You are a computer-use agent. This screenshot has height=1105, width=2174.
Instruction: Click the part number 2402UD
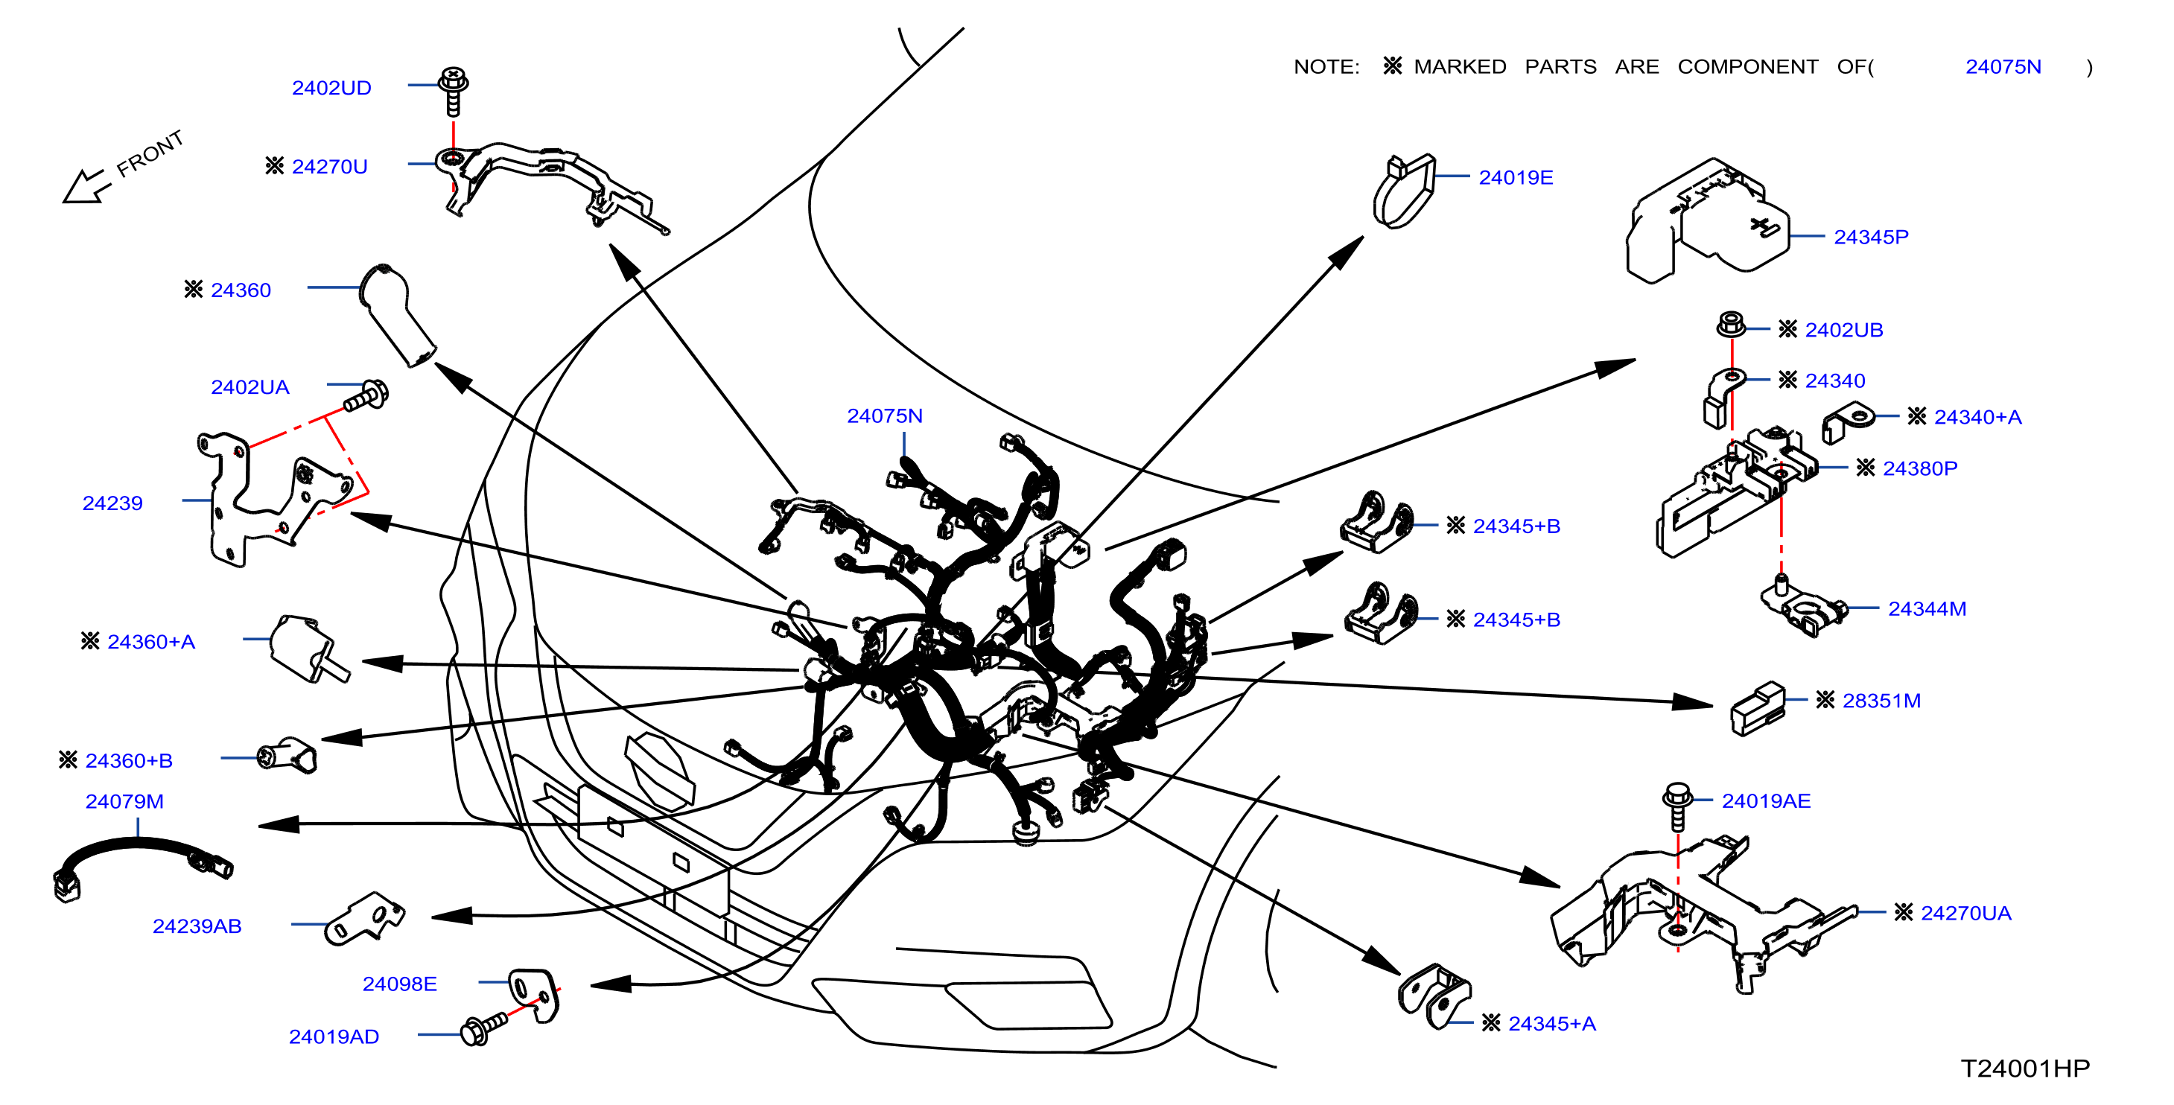pyautogui.click(x=331, y=88)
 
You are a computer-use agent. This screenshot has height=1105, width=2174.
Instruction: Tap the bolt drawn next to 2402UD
pyautogui.click(x=454, y=91)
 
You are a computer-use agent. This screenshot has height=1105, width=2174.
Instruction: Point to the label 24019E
pyautogui.click(x=1516, y=177)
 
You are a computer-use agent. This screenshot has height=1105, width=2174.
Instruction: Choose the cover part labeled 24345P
pyautogui.click(x=1706, y=221)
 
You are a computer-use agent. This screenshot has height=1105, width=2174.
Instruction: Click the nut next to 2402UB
pyautogui.click(x=1731, y=324)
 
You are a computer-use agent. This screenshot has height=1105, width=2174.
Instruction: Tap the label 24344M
pyautogui.click(x=1927, y=608)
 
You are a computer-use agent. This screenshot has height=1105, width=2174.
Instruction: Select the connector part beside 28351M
pyautogui.click(x=1758, y=707)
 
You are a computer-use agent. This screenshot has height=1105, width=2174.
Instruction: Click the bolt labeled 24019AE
pyautogui.click(x=1678, y=806)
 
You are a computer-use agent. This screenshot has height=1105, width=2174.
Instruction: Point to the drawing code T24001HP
pyautogui.click(x=2024, y=1068)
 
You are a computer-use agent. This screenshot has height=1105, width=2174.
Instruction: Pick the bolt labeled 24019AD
pyautogui.click(x=483, y=1027)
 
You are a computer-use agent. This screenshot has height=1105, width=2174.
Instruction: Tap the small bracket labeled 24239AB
pyautogui.click(x=365, y=919)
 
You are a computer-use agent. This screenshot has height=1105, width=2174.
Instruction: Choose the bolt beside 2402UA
pyautogui.click(x=366, y=395)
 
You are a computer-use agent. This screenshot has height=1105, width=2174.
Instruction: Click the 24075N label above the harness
pyautogui.click(x=885, y=415)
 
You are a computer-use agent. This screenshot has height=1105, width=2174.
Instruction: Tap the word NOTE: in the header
pyautogui.click(x=1326, y=66)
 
